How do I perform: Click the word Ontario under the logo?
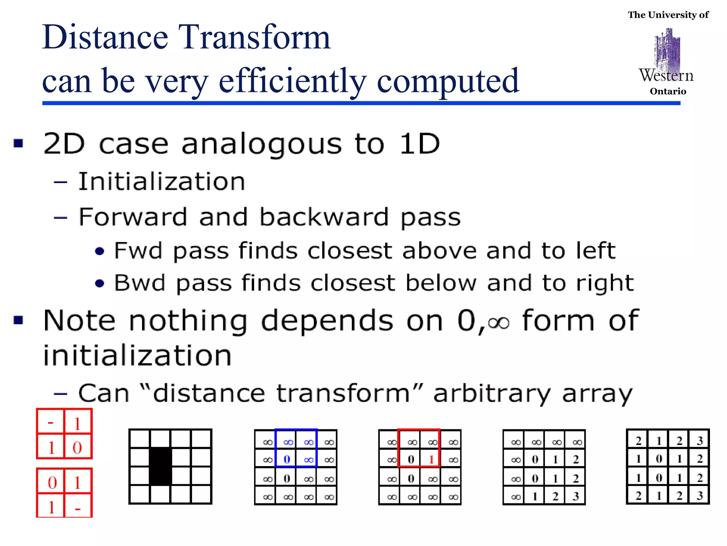tap(668, 92)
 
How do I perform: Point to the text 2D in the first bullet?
tap(64, 144)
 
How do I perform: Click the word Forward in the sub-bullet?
tap(132, 217)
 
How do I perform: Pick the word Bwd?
tap(140, 283)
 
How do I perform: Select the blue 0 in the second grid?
tap(287, 459)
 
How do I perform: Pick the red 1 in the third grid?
tap(431, 459)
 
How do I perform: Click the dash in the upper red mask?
tap(50, 422)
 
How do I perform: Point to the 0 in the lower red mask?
tap(52, 482)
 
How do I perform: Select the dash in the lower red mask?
tap(78, 509)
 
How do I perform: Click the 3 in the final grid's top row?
tap(700, 441)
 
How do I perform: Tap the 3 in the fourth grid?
tap(576, 496)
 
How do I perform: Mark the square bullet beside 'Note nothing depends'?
tap(18, 320)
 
